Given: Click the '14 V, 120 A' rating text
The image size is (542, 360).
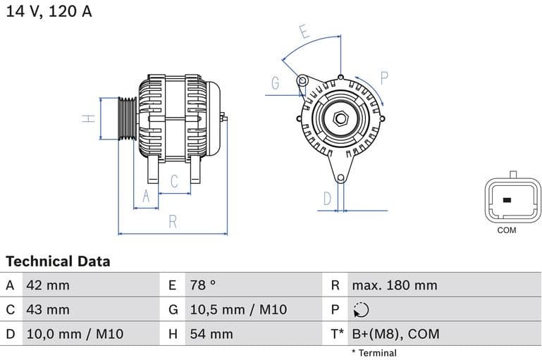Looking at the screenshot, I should pyautogui.click(x=49, y=11).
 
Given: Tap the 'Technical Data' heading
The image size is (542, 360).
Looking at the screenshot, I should pyautogui.click(x=58, y=261).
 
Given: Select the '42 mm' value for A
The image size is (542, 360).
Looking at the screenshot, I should pyautogui.click(x=47, y=285).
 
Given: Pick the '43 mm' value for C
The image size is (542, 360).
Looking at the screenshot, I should pyautogui.click(x=47, y=310).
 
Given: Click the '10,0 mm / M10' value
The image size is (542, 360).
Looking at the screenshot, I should pyautogui.click(x=75, y=334).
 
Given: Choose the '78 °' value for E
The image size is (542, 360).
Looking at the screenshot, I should pyautogui.click(x=203, y=285).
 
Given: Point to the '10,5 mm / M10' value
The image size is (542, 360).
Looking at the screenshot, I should pyautogui.click(x=238, y=310).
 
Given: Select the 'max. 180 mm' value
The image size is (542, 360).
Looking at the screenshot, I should pyautogui.click(x=395, y=285).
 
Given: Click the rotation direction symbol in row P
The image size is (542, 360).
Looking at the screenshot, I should pyautogui.click(x=360, y=310).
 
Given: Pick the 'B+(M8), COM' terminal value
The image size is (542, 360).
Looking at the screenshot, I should pyautogui.click(x=395, y=334).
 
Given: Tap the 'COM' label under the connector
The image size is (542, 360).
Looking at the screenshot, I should pyautogui.click(x=507, y=230).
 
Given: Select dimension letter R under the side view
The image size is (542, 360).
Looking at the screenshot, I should pyautogui.click(x=173, y=222).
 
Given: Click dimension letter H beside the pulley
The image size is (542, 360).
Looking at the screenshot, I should pyautogui.click(x=89, y=118).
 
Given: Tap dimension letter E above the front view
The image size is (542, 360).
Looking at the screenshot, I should pyautogui.click(x=304, y=32).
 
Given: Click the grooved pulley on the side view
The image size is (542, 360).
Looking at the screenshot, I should pyautogui.click(x=127, y=119).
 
